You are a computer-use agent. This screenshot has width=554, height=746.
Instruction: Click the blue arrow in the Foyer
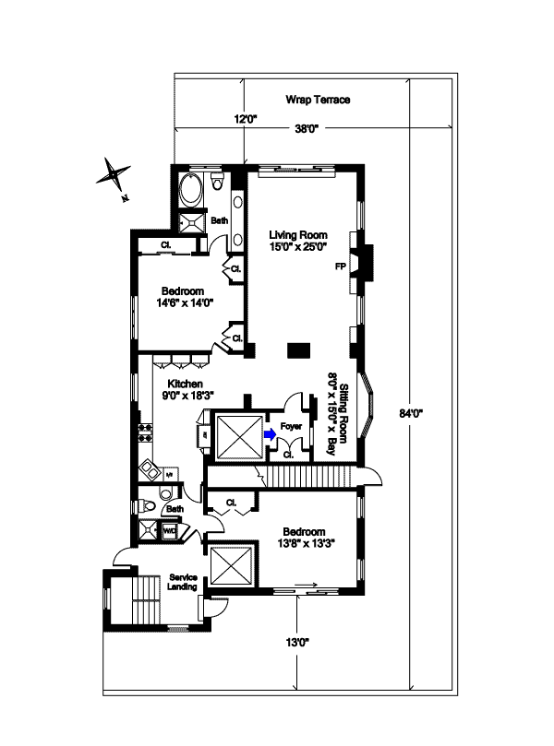pyautogui.click(x=269, y=432)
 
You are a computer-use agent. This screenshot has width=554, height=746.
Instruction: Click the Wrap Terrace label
pyautogui.click(x=318, y=100)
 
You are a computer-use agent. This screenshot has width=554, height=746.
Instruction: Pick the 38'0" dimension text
pyautogui.click(x=306, y=128)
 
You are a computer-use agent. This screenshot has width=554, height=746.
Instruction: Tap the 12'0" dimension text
pyautogui.click(x=244, y=119)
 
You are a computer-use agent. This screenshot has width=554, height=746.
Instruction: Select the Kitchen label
pyautogui.click(x=185, y=384)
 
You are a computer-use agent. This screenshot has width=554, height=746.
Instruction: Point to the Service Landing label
pyautogui.click(x=181, y=584)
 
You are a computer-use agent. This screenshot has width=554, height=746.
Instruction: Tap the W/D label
pyautogui.click(x=170, y=532)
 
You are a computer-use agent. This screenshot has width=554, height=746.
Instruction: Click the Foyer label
pyautogui.click(x=293, y=426)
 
